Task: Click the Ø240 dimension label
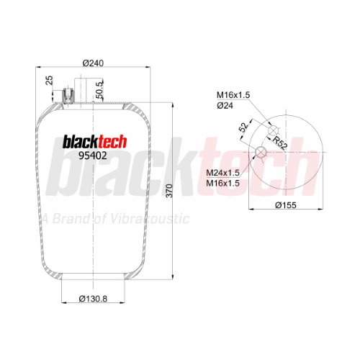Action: pos(93,63)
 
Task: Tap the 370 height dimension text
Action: pos(169,191)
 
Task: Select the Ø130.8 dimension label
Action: pos(93,299)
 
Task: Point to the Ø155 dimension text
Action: pos(286,205)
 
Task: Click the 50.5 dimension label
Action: pos(99,90)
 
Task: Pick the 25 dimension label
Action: pos(49,80)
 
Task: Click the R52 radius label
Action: pos(279,143)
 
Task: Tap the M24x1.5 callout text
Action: pos(222,173)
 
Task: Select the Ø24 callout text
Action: pos(225,105)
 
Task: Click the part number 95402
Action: pos(93,156)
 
